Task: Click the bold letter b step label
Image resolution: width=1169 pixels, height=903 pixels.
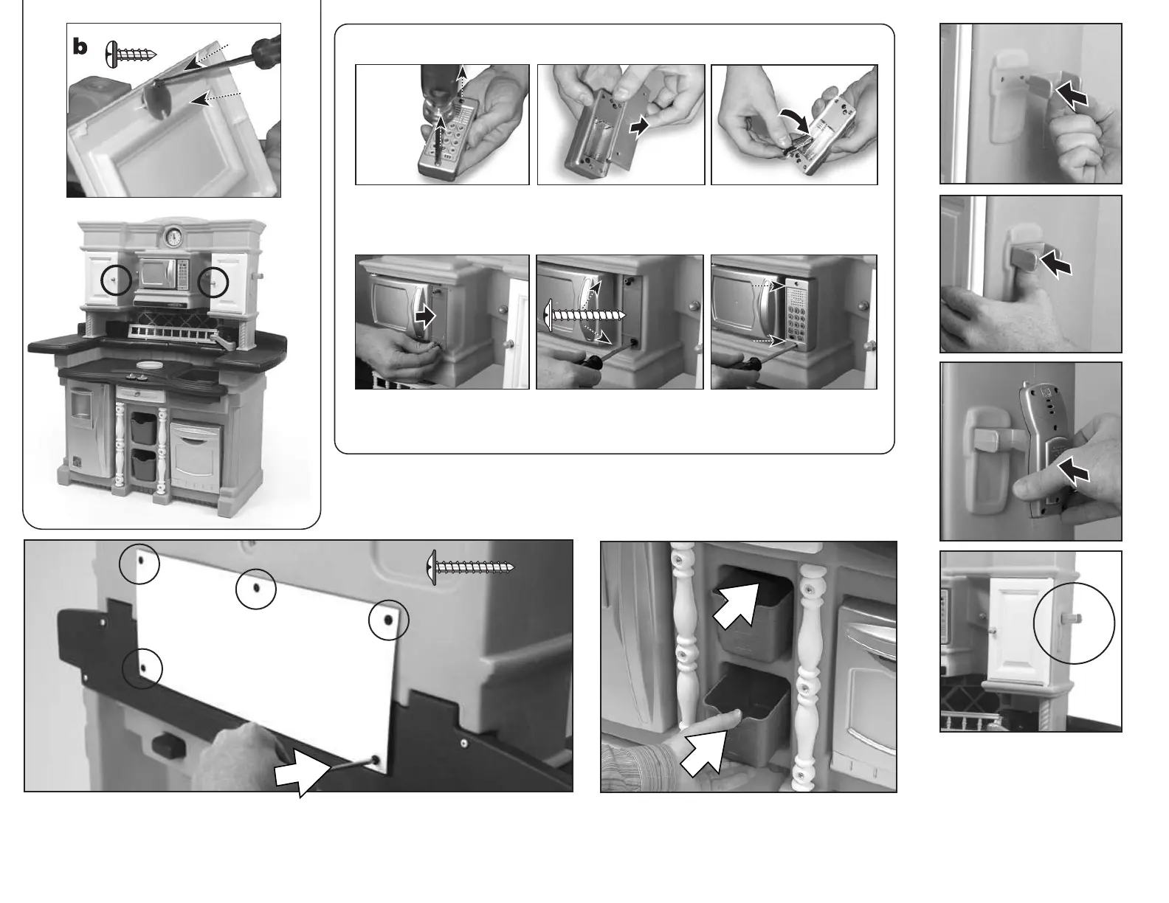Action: pos(80,47)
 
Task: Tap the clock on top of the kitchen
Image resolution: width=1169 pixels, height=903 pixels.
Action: pos(173,236)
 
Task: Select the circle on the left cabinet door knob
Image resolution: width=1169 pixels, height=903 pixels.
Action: pos(116,280)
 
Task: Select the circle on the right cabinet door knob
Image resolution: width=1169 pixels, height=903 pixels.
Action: pos(213,281)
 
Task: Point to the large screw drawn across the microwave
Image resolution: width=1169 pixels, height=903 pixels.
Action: pos(585,315)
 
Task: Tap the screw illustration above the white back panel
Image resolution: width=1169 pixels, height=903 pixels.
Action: pos(470,567)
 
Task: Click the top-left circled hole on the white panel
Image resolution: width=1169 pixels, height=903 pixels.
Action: pos(139,564)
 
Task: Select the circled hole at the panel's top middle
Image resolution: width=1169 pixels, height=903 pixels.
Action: pos(256,589)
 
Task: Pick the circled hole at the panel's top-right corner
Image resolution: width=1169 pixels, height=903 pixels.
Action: pos(388,620)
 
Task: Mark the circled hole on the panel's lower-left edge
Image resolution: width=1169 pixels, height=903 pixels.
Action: pos(142,668)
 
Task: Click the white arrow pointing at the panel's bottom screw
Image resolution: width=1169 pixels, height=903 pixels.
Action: pos(303,775)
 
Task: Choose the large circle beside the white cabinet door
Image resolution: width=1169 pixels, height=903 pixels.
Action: pos(1074,623)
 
